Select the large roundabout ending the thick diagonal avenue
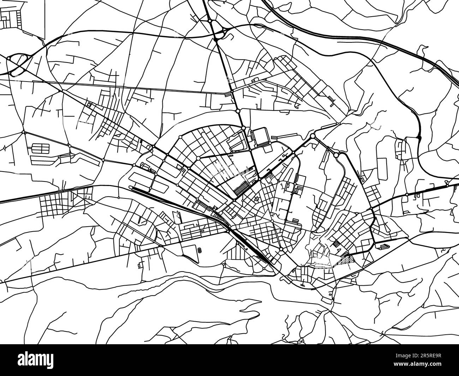click(x=312, y=136)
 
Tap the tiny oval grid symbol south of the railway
click(x=200, y=250)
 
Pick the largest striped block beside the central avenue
click(x=242, y=186)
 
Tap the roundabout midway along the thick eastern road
click(x=407, y=195)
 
